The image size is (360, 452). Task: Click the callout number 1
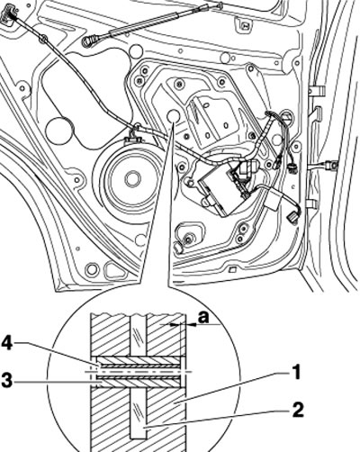[x=296, y=372]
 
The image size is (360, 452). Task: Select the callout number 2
[x=298, y=410]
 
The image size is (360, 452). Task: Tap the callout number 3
[x=7, y=382]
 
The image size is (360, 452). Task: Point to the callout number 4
[x=7, y=344]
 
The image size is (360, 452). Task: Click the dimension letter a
[x=203, y=317]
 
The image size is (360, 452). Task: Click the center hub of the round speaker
[x=132, y=179]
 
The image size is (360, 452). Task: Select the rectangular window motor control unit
[x=220, y=188]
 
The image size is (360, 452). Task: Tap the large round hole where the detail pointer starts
[x=173, y=116]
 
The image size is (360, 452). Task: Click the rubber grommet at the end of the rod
[x=88, y=41]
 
